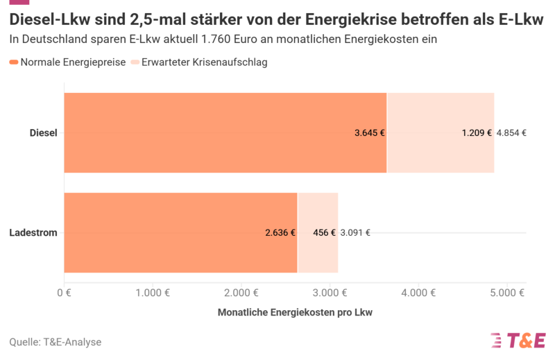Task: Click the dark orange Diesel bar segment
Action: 208,132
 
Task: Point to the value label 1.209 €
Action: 477,133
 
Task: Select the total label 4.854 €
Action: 511,133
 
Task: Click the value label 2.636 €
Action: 280,233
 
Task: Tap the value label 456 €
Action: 324,233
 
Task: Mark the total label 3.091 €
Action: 355,233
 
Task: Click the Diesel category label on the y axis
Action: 43,132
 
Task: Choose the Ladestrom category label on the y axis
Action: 33,232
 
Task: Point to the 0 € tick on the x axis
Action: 64,293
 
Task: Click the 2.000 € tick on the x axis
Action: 241,293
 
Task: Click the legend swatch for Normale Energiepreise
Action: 14,62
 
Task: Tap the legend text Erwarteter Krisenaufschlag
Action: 204,62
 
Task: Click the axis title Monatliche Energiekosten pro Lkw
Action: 295,313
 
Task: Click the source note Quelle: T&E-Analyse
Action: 55,342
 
